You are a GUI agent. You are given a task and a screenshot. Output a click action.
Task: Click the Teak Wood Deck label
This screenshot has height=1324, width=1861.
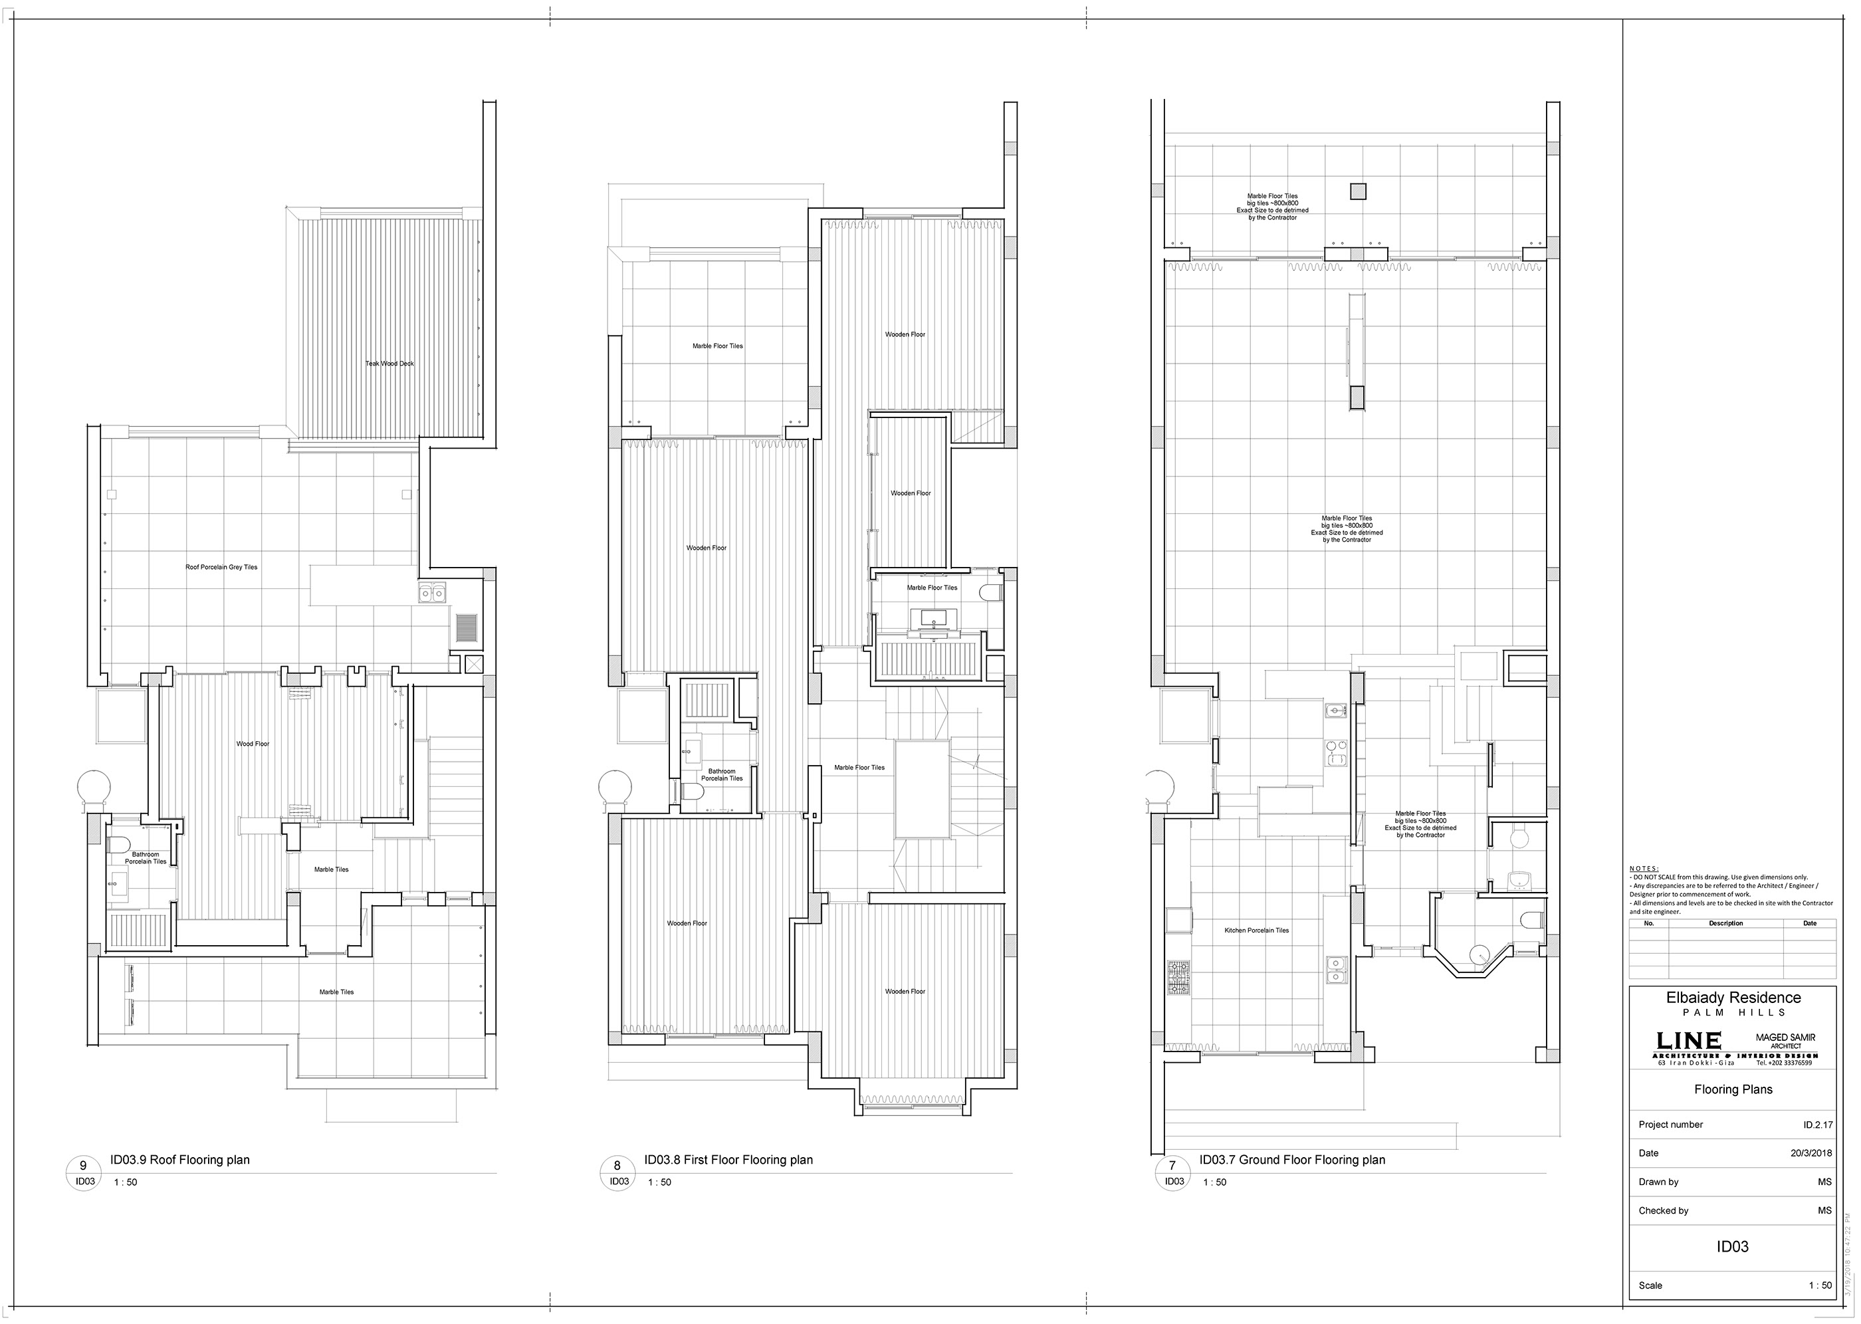[389, 364]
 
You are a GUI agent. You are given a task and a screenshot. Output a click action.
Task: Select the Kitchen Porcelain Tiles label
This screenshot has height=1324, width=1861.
[1256, 931]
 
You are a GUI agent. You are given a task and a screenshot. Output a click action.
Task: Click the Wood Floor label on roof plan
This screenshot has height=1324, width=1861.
[253, 744]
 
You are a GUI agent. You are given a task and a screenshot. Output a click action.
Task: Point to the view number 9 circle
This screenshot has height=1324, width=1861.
[82, 1166]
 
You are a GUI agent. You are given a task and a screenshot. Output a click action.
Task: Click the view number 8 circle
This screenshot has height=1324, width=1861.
[617, 1166]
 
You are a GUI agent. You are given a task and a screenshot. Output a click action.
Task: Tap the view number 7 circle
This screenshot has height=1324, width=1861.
[1172, 1166]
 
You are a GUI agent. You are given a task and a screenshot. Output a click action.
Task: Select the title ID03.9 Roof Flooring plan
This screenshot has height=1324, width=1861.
[180, 1160]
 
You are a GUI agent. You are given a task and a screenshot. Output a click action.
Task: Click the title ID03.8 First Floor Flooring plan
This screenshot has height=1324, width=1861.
[728, 1160]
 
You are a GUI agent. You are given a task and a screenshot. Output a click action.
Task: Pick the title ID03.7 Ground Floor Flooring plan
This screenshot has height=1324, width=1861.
[1292, 1160]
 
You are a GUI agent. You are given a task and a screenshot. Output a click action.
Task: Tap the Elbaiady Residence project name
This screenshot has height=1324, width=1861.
[1732, 998]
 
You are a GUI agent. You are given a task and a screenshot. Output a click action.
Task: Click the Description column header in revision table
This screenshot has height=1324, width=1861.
[1725, 924]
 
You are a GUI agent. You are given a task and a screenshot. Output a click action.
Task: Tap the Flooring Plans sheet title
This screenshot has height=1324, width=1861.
[1733, 1090]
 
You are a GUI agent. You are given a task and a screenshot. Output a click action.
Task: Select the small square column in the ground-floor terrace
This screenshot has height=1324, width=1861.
[1357, 192]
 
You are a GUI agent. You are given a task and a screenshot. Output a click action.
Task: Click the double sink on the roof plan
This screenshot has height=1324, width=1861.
[431, 593]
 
